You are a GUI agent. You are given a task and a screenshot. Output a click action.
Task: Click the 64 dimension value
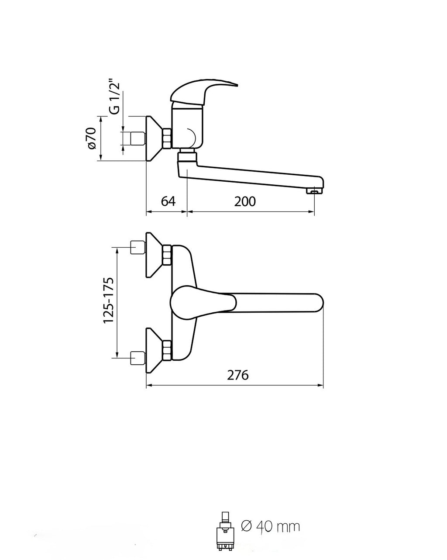coord(168,201)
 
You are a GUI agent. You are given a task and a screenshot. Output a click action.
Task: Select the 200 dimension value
coord(245,201)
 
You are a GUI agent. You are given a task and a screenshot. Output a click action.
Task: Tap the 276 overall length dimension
coord(237,375)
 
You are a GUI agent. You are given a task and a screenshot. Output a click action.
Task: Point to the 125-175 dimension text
coord(109,300)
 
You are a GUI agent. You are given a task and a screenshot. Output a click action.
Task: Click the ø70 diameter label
coord(92,138)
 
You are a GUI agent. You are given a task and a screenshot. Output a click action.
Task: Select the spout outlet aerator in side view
coord(315,191)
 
